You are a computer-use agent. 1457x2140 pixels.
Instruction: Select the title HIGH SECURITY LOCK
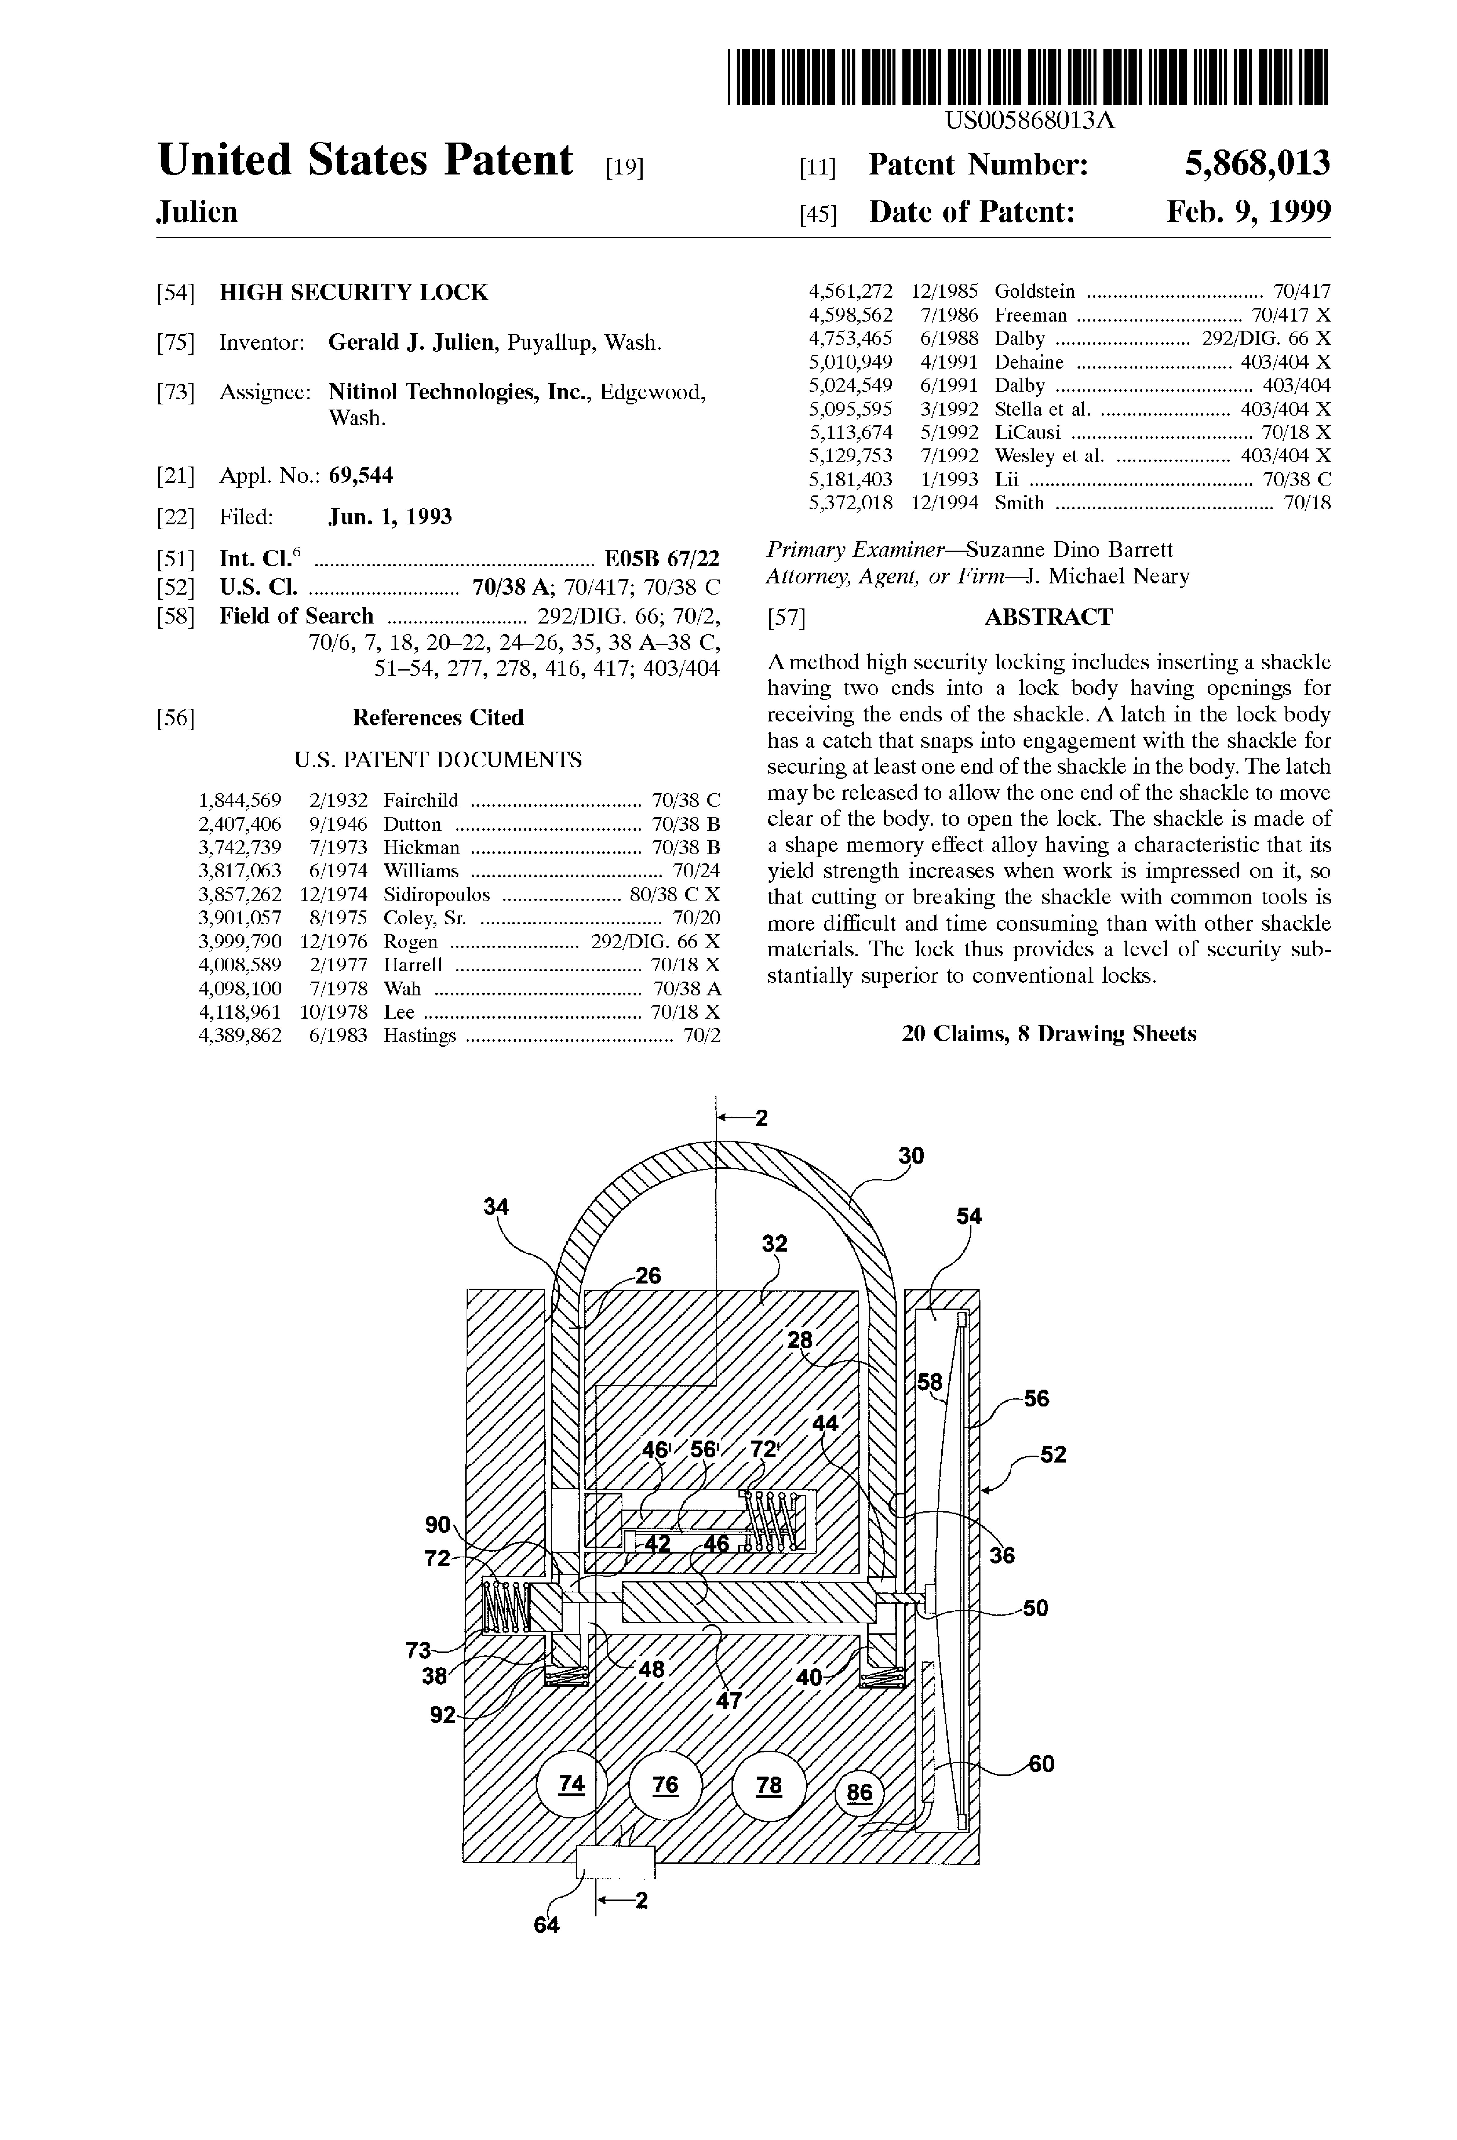[354, 293]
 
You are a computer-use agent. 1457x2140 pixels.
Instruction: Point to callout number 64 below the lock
[546, 1925]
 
